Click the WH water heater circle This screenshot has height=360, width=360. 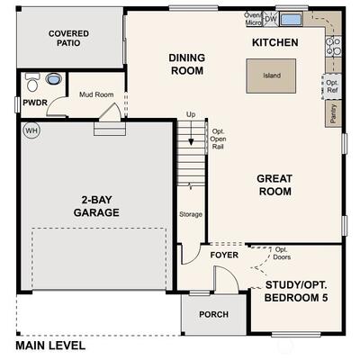[31, 130]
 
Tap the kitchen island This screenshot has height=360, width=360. [271, 76]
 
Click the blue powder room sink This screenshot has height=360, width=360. [53, 79]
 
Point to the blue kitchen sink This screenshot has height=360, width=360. [292, 20]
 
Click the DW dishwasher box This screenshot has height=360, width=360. [271, 19]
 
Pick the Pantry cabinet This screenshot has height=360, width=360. [333, 113]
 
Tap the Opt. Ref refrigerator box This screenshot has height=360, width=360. [332, 86]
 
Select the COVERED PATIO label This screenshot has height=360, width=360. [68, 38]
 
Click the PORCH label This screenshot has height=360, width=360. [213, 314]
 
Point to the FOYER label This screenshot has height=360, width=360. [224, 255]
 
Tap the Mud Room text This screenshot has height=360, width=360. [96, 94]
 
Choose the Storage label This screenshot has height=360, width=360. [191, 214]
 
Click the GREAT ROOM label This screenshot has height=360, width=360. [274, 185]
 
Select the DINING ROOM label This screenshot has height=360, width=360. [187, 64]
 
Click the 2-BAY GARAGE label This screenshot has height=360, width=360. [96, 206]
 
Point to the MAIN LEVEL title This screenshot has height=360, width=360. [50, 346]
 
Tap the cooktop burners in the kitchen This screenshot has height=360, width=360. [333, 47]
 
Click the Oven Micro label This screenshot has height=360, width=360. [253, 19]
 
